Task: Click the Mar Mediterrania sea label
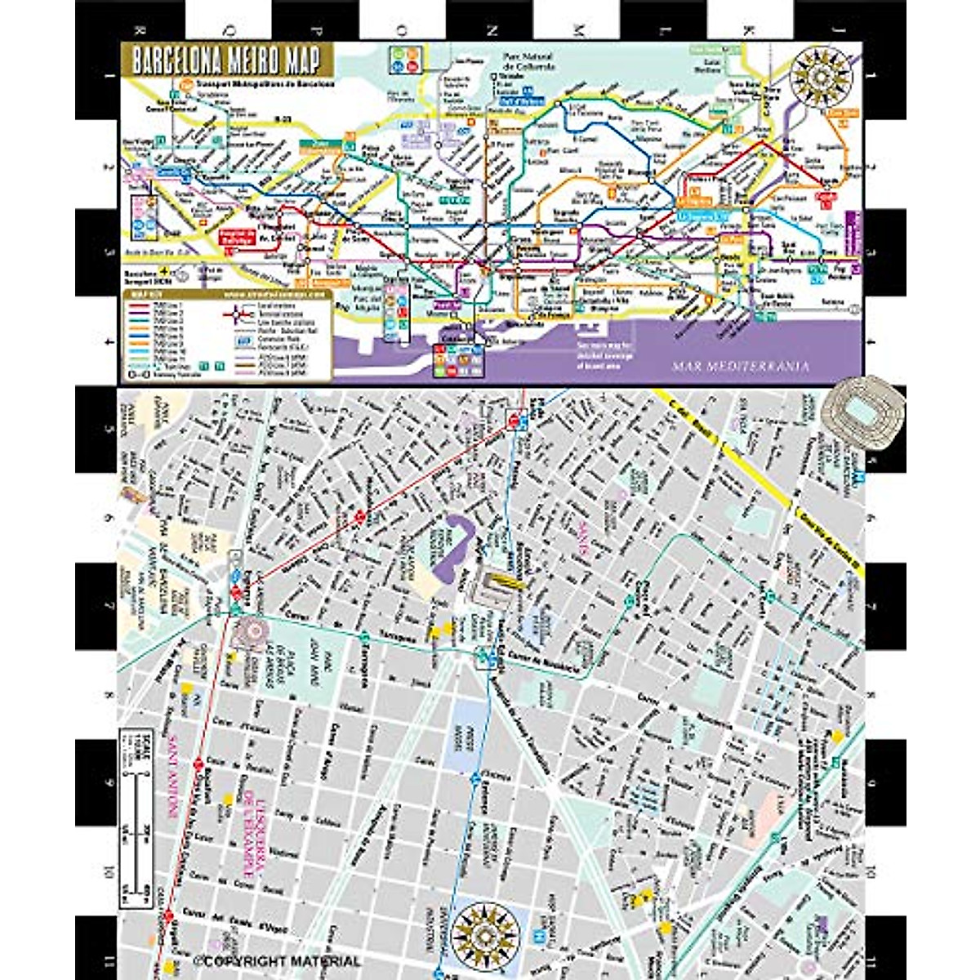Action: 740,367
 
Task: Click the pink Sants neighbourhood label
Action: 583,539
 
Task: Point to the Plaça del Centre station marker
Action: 630,600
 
